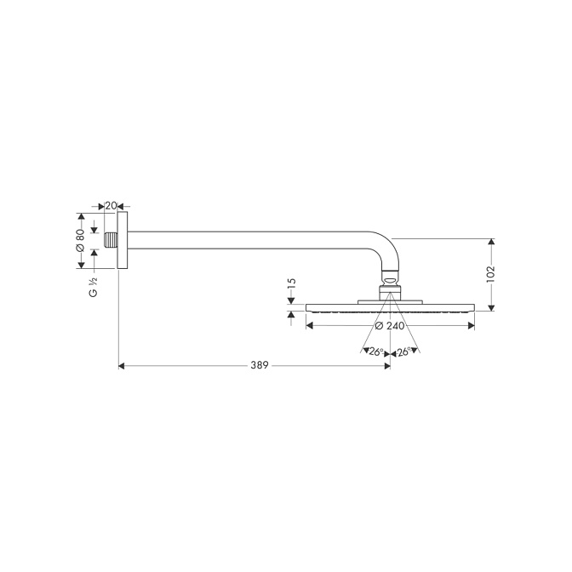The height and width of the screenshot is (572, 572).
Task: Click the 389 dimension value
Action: click(x=260, y=365)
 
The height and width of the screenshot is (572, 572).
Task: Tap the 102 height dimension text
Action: click(x=490, y=274)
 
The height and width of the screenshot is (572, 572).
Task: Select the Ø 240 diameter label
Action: click(x=390, y=326)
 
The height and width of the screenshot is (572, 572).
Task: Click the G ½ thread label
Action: click(x=94, y=287)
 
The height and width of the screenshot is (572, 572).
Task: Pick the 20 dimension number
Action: click(x=111, y=206)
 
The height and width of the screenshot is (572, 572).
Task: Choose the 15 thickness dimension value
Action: click(x=291, y=284)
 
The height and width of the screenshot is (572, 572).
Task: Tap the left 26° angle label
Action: click(x=375, y=352)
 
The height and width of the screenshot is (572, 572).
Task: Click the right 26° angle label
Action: click(x=404, y=352)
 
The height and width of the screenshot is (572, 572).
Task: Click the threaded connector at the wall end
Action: click(x=111, y=240)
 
